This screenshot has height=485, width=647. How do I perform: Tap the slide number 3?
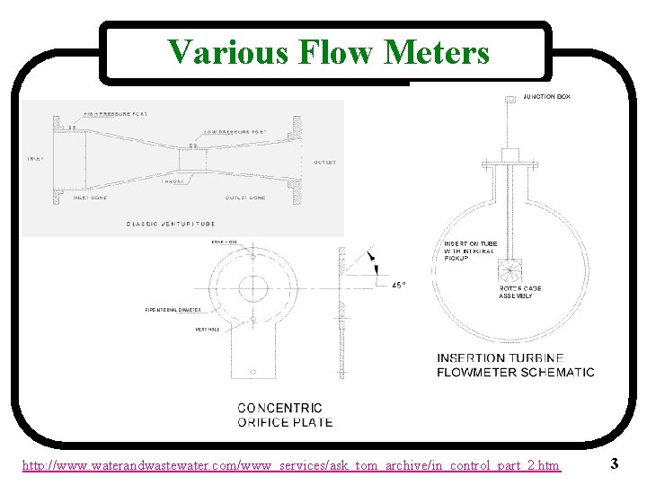(x=613, y=463)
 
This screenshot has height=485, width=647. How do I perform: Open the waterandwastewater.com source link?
(x=291, y=465)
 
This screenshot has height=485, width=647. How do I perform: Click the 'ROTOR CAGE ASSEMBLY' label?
(x=520, y=292)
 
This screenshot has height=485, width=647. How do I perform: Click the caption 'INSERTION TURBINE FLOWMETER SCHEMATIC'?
(x=515, y=365)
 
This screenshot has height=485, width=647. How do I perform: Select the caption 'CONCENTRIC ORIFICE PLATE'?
(x=284, y=415)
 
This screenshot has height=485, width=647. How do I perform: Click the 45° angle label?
(x=398, y=285)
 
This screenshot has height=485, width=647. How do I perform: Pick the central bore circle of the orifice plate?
(x=253, y=289)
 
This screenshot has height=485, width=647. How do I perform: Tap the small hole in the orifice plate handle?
(x=253, y=370)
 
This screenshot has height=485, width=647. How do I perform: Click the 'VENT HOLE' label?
(x=208, y=329)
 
